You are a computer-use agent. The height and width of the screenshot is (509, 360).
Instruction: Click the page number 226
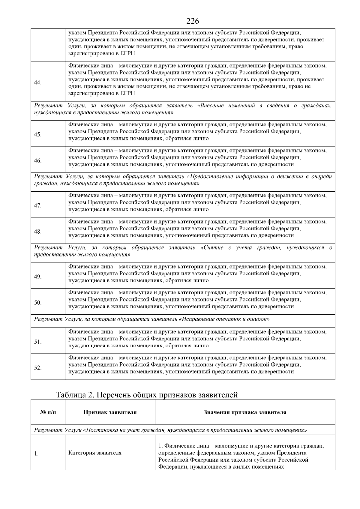[193, 21]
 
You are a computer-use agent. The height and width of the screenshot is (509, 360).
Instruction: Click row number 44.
[38, 83]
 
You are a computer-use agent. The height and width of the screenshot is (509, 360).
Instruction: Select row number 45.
[38, 134]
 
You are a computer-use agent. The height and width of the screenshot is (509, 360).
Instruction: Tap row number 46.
[38, 160]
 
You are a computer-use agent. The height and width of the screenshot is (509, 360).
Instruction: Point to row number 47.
[38, 205]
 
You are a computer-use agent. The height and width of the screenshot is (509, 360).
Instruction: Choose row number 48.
[38, 232]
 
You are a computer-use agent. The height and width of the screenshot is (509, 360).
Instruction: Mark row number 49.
[38, 277]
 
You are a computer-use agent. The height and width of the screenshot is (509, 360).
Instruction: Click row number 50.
[38, 303]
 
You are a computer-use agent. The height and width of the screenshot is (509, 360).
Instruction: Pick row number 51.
[38, 342]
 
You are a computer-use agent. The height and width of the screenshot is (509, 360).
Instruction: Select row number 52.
[38, 368]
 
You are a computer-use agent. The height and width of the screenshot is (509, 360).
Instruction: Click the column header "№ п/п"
[48, 412]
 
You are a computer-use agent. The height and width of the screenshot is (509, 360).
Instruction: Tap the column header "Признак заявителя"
[110, 412]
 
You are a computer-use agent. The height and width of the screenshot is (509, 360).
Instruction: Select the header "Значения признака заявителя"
[245, 412]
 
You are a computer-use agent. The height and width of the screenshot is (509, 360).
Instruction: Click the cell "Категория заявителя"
[95, 453]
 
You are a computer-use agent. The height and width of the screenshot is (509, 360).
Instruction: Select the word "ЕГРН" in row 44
[127, 93]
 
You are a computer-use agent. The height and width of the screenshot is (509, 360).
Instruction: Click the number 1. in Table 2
[36, 454]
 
